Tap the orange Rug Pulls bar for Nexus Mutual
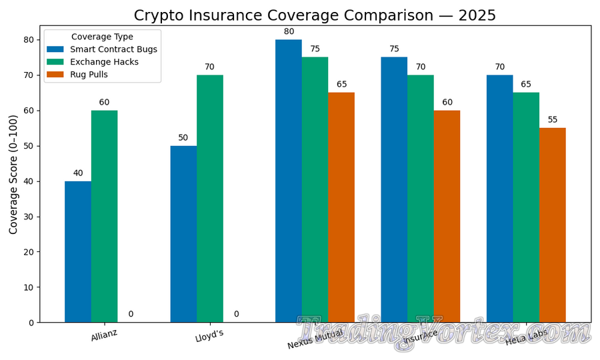(x=341, y=207)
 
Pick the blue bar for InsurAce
(x=394, y=189)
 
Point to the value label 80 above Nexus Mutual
(x=289, y=31)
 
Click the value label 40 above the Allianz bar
(x=78, y=173)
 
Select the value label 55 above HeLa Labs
(x=553, y=120)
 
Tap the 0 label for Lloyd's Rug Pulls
(x=236, y=314)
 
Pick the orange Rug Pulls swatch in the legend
(x=55, y=75)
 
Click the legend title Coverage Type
(x=102, y=37)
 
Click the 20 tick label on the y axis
(x=29, y=252)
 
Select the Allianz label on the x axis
(x=104, y=335)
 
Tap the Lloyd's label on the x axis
(x=209, y=336)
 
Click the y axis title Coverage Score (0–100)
(x=13, y=173)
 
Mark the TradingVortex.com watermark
(x=443, y=333)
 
